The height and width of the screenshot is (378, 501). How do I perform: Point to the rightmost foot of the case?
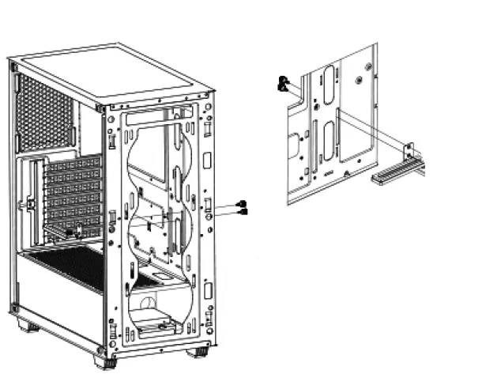click(198, 351)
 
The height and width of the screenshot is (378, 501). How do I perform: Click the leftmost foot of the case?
click(28, 324)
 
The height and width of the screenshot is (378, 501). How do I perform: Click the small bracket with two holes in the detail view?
click(409, 152)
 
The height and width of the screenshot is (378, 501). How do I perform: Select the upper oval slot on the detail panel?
click(324, 79)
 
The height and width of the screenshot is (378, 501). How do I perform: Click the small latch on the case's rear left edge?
click(29, 203)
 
